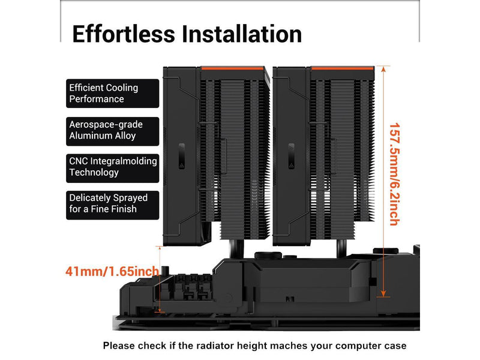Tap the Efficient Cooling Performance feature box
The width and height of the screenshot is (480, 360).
pos(112,93)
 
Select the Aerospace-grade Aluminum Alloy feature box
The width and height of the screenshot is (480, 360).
pos(112,130)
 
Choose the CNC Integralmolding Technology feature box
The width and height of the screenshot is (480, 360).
pos(112,167)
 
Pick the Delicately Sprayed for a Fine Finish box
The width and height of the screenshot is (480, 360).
pos(112,203)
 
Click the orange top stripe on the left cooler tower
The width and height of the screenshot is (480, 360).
pos(233,68)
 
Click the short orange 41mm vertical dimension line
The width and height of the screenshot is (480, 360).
pos(160,279)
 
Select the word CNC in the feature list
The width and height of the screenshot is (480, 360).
pos(79,161)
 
